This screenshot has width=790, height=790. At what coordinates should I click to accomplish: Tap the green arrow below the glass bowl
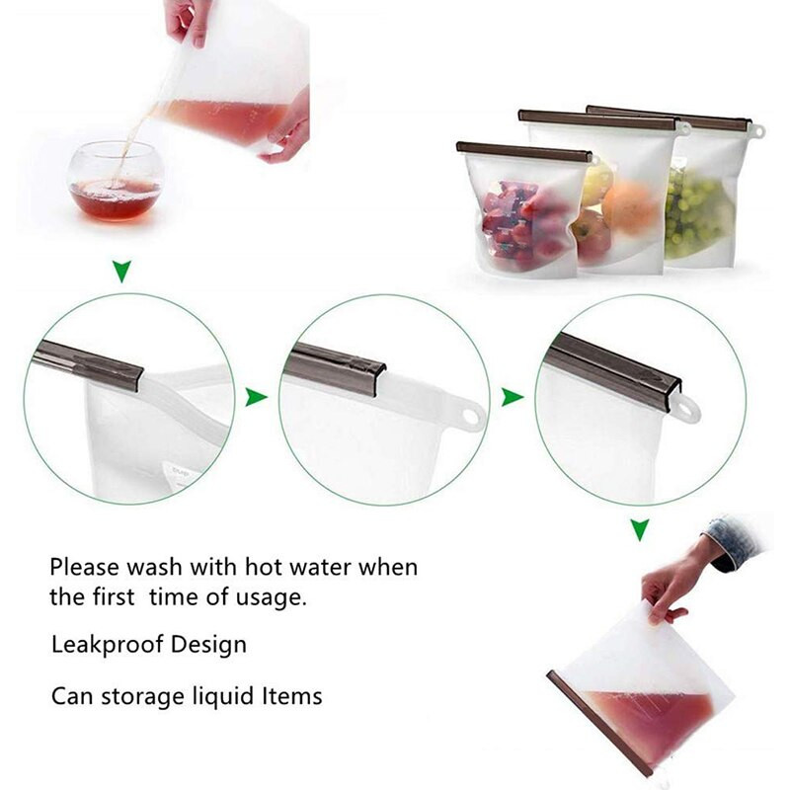121,271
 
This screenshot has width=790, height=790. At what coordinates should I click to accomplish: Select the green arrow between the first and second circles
256,397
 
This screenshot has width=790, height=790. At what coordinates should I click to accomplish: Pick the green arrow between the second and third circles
513,397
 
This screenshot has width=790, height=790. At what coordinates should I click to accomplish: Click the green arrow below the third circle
639,530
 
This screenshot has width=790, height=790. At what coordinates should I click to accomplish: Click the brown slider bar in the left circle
87,364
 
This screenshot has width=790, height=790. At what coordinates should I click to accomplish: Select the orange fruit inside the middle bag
630,205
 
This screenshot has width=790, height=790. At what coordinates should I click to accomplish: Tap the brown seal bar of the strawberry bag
524,151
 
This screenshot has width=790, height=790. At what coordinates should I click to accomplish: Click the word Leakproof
107,645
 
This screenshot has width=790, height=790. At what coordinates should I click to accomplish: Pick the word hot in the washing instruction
262,567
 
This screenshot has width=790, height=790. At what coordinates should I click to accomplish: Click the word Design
208,645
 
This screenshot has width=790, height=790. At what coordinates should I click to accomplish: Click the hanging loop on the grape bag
757,132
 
